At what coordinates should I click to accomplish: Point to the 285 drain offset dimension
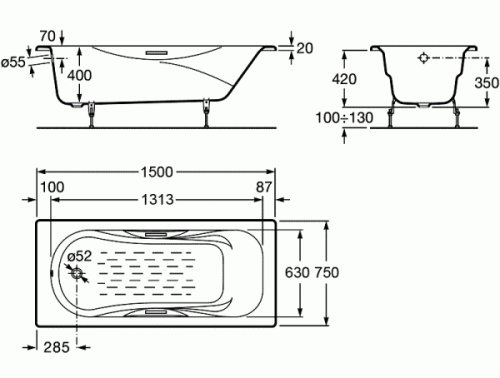pyautogui.click(x=57, y=348)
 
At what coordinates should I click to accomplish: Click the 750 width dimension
pyautogui.click(x=335, y=272)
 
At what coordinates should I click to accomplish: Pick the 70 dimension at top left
pyautogui.click(x=45, y=37)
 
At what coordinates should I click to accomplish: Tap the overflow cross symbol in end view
pyautogui.click(x=423, y=59)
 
